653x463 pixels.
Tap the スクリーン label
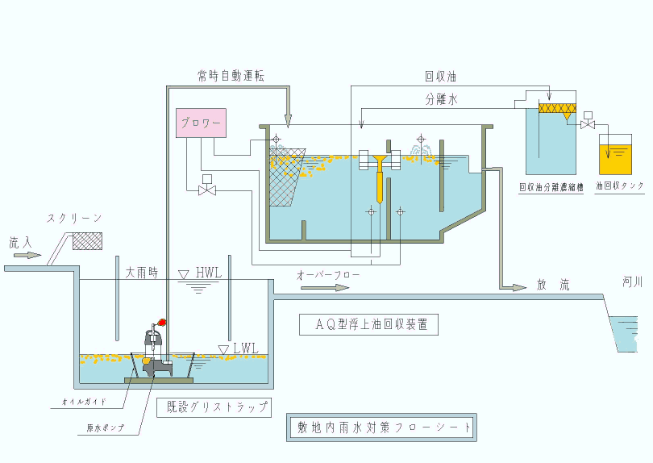[74, 219]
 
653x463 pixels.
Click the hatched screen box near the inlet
[87, 240]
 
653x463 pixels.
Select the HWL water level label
[208, 273]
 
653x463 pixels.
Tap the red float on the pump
[161, 322]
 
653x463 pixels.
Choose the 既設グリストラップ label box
[212, 407]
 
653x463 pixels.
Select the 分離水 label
[442, 100]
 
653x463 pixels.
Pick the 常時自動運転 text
[231, 76]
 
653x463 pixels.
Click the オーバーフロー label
[328, 275]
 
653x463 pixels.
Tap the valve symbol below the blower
[208, 190]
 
